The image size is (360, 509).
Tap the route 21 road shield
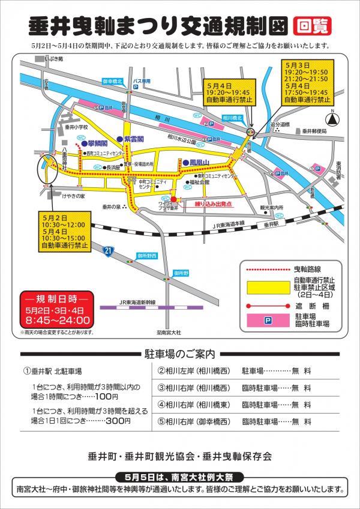pos(108,250)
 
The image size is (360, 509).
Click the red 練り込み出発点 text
pos(206,204)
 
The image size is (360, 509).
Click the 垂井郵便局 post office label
pos(314,131)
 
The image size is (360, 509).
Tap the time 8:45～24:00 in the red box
pos(57,321)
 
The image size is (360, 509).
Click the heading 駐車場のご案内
pos(180,354)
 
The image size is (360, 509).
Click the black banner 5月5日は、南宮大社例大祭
pos(180,476)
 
